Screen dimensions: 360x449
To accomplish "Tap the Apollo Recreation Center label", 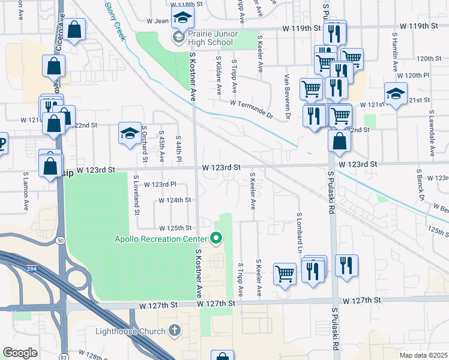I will click(161, 239).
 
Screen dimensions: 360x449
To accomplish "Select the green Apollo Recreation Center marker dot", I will click(215, 239).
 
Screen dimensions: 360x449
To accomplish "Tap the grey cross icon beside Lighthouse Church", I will click(174, 331).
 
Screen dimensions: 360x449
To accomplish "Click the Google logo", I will click(20, 353).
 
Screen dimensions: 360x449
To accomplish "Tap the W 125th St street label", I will click(175, 228).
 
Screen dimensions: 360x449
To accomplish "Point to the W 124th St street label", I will click(175, 200).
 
